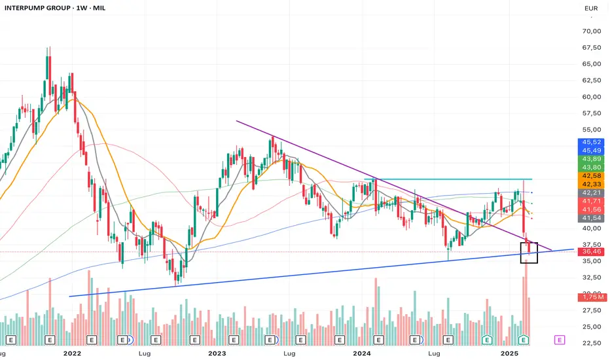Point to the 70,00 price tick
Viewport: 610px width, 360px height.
590,31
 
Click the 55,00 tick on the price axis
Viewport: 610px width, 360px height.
590,130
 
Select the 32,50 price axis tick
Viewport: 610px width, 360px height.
590,278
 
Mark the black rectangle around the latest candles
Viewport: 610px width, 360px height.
529,253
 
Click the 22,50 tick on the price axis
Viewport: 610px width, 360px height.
590,342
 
